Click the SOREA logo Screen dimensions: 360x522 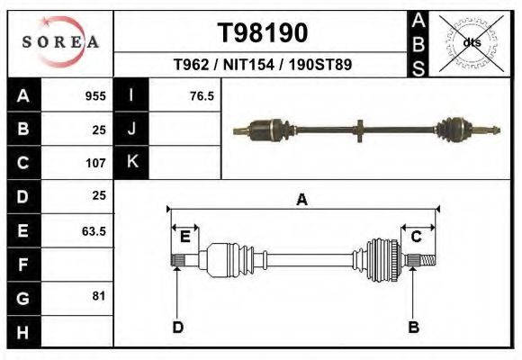[60, 42]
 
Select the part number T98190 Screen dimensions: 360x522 [263, 32]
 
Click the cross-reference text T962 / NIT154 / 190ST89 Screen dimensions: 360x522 [263, 65]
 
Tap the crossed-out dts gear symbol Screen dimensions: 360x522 [472, 42]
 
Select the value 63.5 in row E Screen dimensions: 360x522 [94, 231]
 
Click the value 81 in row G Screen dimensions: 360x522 [98, 296]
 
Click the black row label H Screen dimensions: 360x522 [22, 333]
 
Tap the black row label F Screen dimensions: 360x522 [22, 265]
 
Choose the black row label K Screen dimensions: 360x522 [131, 163]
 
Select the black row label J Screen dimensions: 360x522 [131, 129]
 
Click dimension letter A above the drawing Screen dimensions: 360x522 [302, 200]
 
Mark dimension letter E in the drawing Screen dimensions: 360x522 [184, 237]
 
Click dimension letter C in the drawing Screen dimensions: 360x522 [417, 237]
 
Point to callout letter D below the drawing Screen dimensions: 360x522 [177, 327]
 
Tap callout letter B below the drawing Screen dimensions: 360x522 [414, 327]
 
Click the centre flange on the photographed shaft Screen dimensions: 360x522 [359, 130]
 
